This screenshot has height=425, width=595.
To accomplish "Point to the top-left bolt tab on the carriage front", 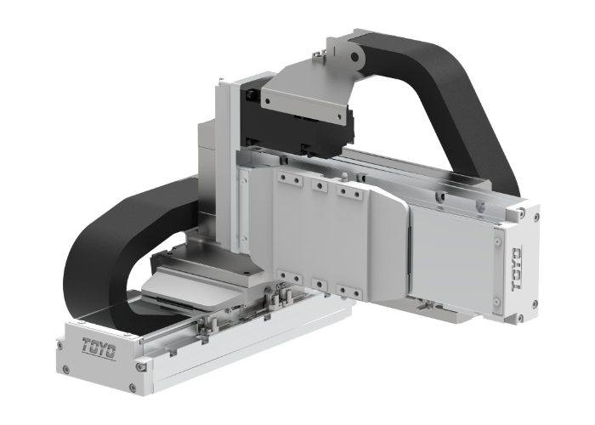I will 287,181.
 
